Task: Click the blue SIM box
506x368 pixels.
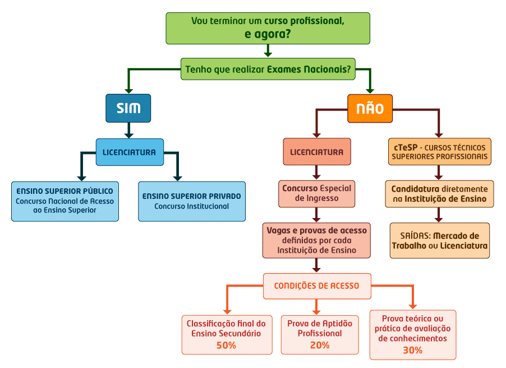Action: point(128,108)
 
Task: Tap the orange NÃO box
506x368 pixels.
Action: point(370,108)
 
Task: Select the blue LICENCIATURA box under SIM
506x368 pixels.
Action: point(130,152)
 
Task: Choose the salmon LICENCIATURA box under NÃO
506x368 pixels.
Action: point(317,152)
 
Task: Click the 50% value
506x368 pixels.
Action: point(226,346)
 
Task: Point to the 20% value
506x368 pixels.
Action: point(320,346)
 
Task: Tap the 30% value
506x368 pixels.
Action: point(413,350)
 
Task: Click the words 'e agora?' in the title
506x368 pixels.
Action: point(268,34)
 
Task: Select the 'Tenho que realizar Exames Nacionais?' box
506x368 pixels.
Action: point(268,69)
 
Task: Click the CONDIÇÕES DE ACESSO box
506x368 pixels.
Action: point(317,286)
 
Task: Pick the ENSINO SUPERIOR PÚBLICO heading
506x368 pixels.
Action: point(65,191)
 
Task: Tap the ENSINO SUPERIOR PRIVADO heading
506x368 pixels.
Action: point(192,196)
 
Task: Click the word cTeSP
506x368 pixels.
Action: point(406,147)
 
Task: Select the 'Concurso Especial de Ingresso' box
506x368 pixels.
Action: point(316,194)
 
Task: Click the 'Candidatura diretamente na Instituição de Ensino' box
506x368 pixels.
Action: point(439,194)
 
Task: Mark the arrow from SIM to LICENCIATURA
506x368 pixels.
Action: point(129,130)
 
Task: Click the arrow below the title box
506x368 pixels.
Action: point(268,51)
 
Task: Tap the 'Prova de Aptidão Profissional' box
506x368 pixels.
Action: point(320,335)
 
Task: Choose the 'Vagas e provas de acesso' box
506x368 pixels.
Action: point(316,240)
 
